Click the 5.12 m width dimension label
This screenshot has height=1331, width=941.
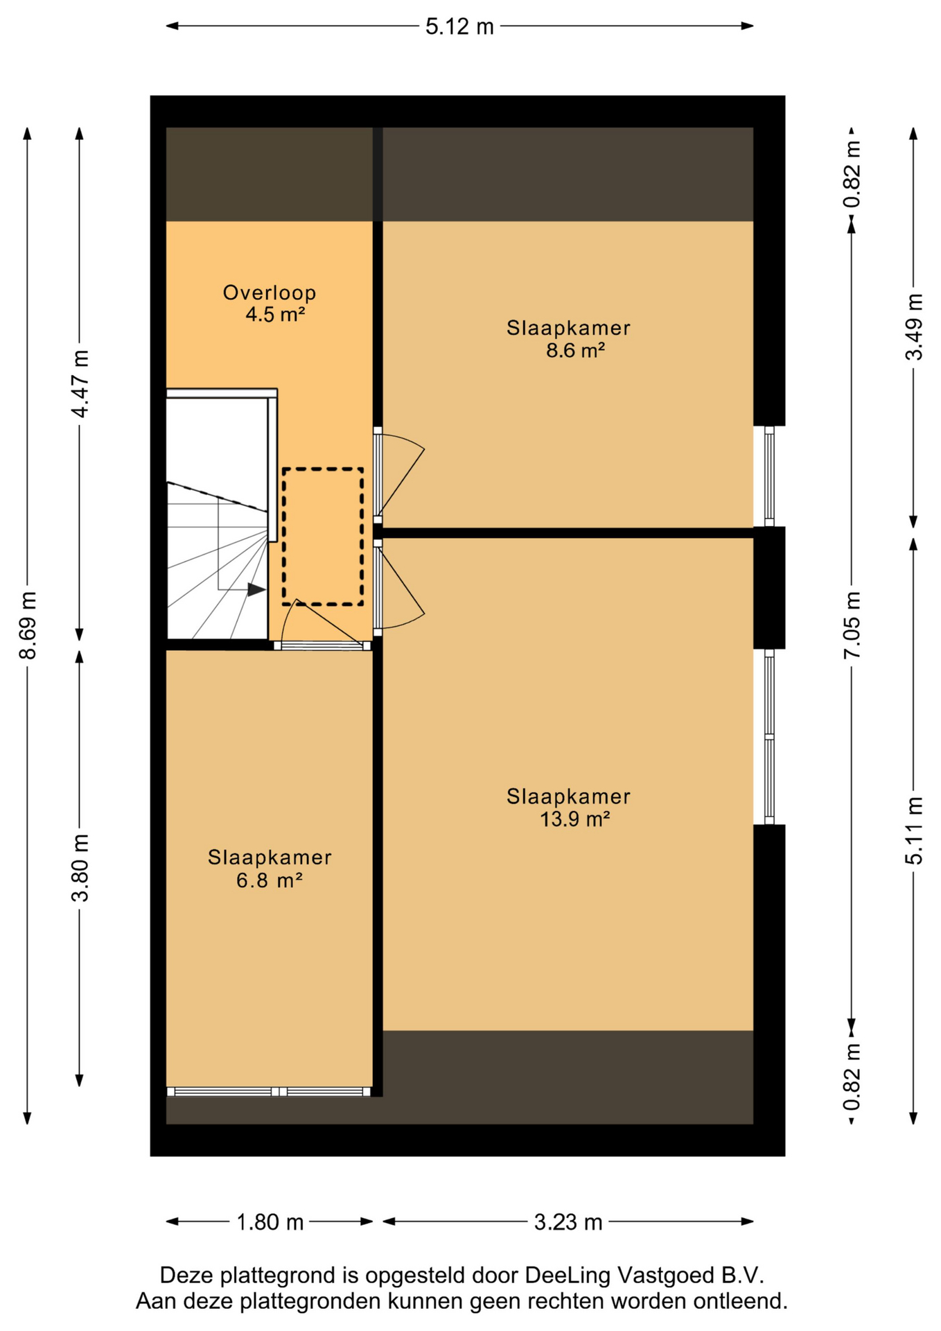coord(459,26)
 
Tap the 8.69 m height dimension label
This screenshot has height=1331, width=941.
coord(28,625)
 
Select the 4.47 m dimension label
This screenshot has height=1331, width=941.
coord(80,383)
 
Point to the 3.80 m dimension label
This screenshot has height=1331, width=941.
coord(80,867)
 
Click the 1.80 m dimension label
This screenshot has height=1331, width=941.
coord(270,1221)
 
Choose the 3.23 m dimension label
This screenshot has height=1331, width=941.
coord(568,1221)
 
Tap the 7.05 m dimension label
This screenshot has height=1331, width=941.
coord(852,625)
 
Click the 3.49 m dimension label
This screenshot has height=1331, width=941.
coord(914,327)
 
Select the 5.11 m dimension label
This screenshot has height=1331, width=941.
coord(914,830)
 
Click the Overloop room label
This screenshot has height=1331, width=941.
coord(270,293)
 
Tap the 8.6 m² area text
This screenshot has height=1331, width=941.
coord(575,350)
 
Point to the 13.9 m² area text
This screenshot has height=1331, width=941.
coord(574,819)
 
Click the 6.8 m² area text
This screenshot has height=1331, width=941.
coord(270,880)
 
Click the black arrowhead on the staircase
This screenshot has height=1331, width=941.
coord(256,590)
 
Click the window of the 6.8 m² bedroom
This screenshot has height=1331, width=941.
coord(269,1091)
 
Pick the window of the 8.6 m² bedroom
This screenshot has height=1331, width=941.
coord(769,476)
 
